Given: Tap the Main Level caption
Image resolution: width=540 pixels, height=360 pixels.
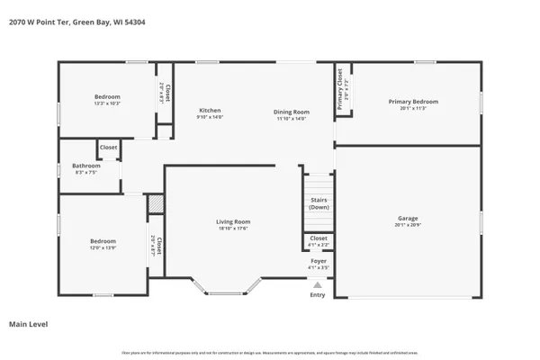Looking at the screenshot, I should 28,323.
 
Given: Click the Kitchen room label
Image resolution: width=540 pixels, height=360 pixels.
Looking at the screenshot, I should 210,111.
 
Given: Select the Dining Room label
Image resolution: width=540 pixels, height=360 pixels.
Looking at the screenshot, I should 292,111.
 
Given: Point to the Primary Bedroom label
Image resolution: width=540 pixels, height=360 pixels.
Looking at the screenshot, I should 413,102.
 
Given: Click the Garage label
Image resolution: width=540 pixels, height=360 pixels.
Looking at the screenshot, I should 408,218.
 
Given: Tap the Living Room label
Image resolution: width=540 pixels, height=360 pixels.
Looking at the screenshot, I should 232,221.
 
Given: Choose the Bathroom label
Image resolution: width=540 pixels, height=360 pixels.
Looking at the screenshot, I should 86,165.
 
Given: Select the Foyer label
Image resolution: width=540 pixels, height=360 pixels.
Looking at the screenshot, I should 319,261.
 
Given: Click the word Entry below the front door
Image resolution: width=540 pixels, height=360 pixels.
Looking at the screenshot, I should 318,294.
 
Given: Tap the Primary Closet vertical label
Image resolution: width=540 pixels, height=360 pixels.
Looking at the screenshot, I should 339,90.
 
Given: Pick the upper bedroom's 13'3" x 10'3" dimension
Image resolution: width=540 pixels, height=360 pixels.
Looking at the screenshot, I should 107,103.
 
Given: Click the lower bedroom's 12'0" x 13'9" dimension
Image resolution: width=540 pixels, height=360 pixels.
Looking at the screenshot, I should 103,247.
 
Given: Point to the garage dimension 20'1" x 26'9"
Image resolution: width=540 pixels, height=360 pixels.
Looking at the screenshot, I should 408,225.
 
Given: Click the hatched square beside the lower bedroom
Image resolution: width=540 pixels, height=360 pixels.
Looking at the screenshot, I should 156,205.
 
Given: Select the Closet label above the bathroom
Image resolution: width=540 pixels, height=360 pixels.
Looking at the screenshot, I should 108,147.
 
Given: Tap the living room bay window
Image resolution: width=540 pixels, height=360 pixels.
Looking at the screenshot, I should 226,288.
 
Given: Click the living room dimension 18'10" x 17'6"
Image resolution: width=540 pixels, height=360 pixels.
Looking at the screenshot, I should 232,228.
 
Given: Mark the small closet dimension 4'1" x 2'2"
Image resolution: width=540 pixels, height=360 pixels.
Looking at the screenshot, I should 319,245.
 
